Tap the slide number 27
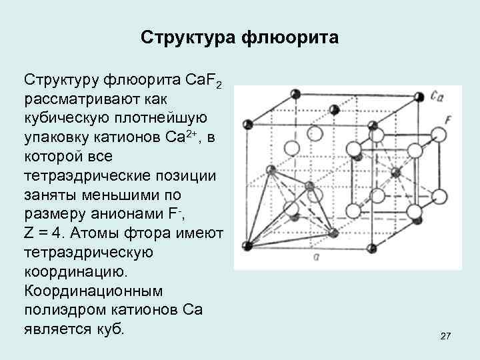[x=446, y=338]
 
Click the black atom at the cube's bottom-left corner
[x=248, y=245]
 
